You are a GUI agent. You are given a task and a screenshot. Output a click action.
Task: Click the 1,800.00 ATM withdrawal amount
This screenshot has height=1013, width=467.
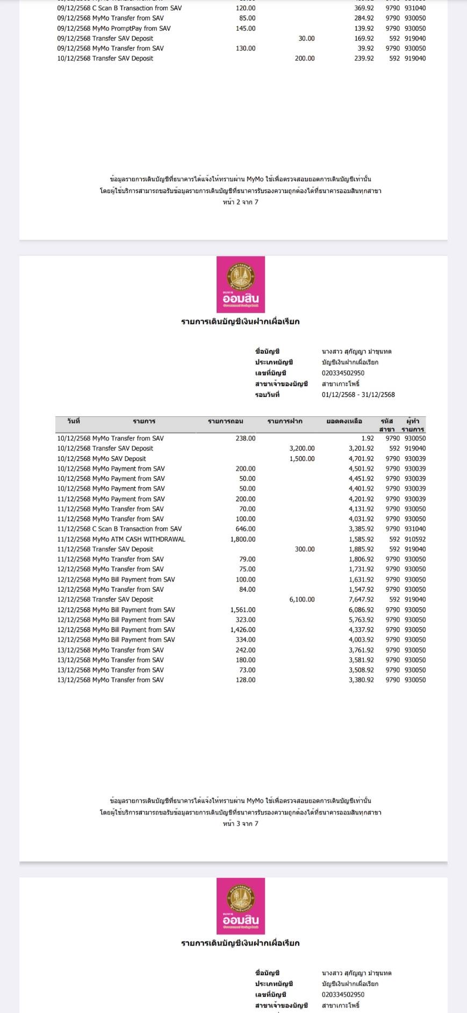(x=243, y=539)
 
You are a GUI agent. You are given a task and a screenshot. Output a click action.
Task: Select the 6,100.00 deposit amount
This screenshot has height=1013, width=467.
(x=302, y=599)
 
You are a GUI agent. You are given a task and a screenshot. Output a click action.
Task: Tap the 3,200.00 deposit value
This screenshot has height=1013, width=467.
(x=302, y=448)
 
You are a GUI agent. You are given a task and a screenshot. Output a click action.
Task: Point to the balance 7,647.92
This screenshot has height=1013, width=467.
(x=361, y=599)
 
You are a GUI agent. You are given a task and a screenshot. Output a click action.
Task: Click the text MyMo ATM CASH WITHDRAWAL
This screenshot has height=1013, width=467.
(x=139, y=539)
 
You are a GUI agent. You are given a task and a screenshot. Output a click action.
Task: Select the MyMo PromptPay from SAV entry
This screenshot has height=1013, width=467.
(x=131, y=29)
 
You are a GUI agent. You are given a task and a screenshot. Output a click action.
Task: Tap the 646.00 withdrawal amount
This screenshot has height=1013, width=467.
(x=246, y=529)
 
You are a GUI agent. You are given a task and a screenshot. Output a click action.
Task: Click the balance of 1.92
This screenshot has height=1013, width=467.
(x=368, y=438)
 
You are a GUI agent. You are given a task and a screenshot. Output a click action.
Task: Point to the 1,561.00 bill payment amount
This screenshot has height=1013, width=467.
(x=243, y=610)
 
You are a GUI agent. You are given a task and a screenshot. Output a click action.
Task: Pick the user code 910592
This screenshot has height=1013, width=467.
(x=415, y=539)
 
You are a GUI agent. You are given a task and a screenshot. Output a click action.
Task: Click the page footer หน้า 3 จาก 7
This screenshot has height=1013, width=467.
(x=241, y=824)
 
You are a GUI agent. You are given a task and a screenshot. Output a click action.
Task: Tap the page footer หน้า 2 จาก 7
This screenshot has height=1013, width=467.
(x=241, y=202)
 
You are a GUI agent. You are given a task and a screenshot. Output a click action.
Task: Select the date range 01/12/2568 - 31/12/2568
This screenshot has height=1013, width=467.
(x=358, y=395)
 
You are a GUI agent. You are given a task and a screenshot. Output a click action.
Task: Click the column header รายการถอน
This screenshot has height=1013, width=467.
(x=226, y=421)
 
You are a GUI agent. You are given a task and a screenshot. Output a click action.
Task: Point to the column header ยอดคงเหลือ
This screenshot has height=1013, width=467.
(x=344, y=421)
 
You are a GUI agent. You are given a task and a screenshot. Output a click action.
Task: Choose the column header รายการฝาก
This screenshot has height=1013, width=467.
(x=285, y=421)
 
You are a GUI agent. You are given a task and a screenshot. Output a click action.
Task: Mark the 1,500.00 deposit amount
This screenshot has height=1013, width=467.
(x=302, y=459)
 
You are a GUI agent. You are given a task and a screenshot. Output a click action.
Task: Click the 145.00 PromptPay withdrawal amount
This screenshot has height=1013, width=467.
(x=246, y=29)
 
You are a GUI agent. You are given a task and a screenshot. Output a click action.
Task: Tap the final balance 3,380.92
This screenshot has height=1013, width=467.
(x=361, y=680)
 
